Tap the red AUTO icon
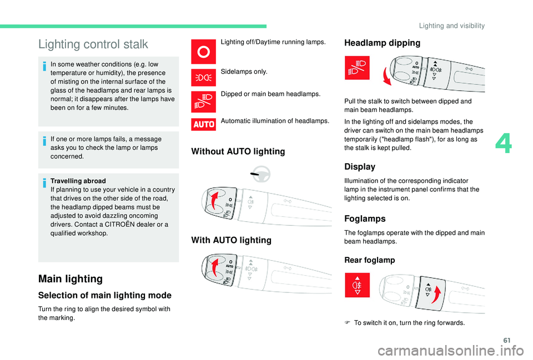click(204, 124)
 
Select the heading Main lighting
click(70, 278)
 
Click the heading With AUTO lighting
click(231, 240)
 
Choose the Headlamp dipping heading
click(383, 43)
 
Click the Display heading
click(360, 166)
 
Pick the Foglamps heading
click(365, 219)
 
